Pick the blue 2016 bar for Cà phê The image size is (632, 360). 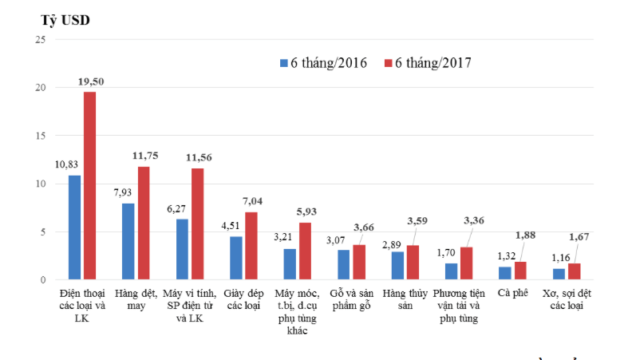504,273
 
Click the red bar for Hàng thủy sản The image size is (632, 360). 412,262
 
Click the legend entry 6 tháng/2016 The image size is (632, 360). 322,62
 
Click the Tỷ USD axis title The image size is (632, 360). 66,20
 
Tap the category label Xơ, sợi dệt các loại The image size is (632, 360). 567,300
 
